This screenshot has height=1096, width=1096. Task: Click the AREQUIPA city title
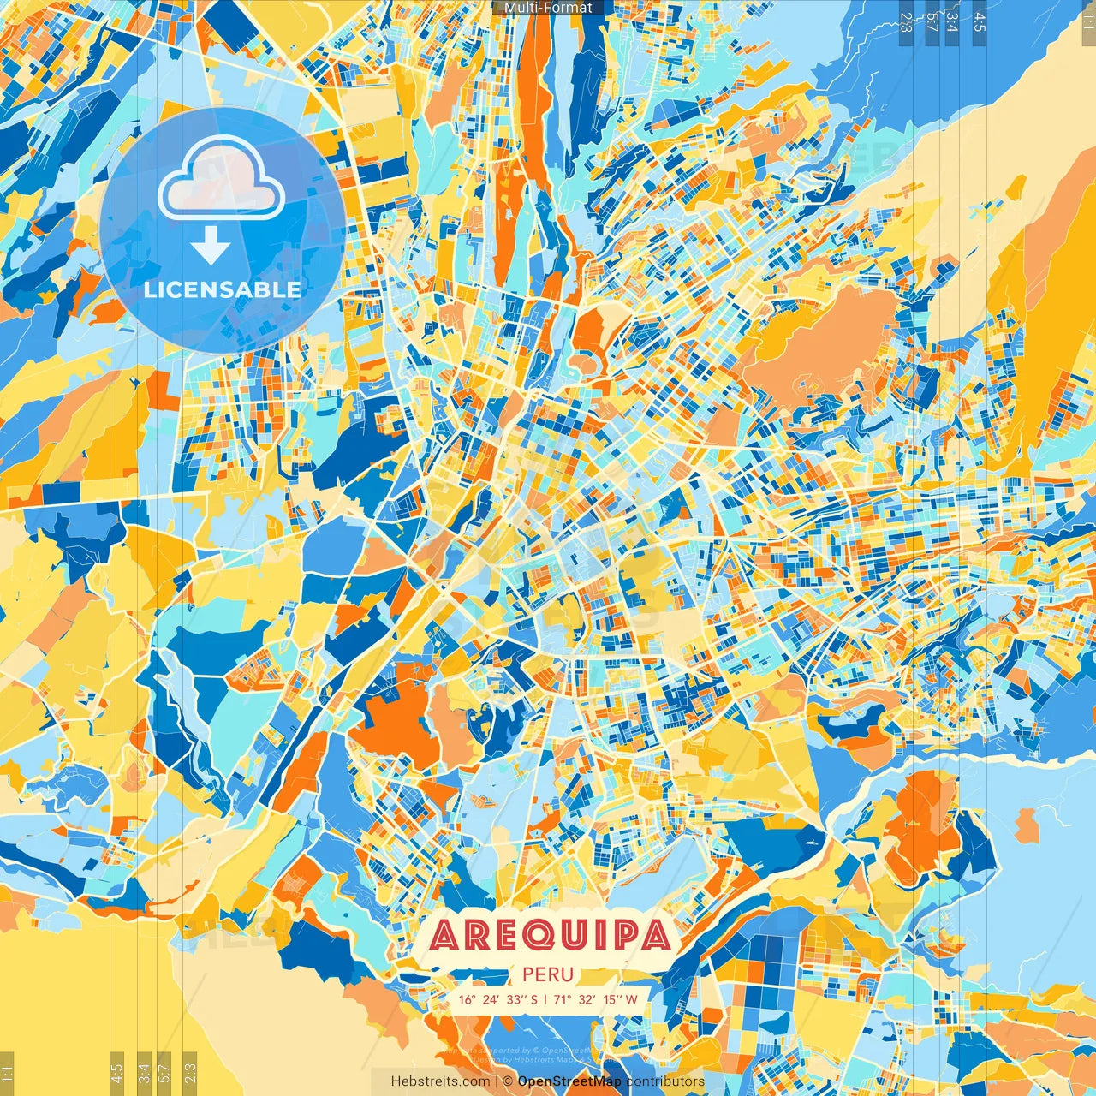click(549, 935)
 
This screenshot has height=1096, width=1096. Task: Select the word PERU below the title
click(548, 974)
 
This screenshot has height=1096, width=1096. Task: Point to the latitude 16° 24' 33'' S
click(497, 999)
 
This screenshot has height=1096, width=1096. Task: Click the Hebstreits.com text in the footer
click(440, 1081)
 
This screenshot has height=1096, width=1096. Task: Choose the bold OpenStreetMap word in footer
click(569, 1081)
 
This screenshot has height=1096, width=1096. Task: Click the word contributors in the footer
click(665, 1081)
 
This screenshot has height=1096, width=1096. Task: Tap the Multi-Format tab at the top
click(548, 8)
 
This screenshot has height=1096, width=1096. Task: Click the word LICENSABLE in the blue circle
click(223, 289)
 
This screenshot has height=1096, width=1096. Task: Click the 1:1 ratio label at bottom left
click(7, 1074)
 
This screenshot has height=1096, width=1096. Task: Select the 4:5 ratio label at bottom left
click(116, 1074)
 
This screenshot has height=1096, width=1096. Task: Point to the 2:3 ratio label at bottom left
click(189, 1074)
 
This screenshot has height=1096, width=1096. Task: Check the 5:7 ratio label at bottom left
click(164, 1074)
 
